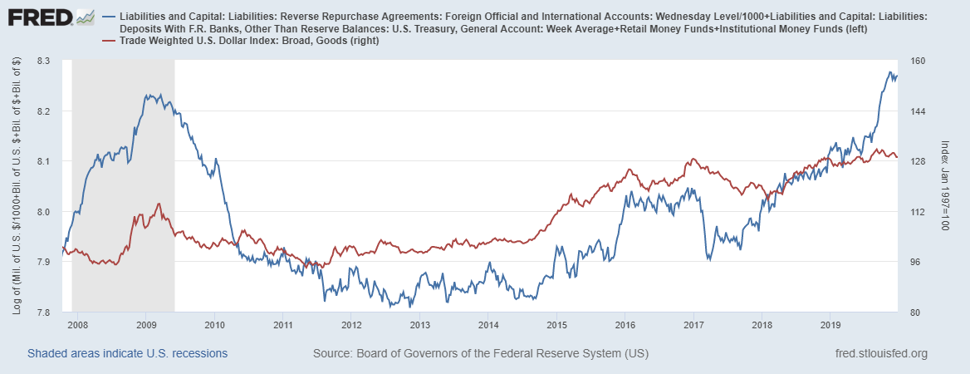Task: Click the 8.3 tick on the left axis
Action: [x=43, y=62]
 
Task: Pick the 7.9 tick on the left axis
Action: [x=43, y=263]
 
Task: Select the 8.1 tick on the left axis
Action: [x=43, y=162]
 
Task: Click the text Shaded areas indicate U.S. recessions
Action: [x=127, y=354]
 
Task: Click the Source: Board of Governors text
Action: [x=480, y=354]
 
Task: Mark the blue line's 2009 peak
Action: [x=148, y=95]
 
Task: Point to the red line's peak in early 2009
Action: [x=159, y=204]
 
